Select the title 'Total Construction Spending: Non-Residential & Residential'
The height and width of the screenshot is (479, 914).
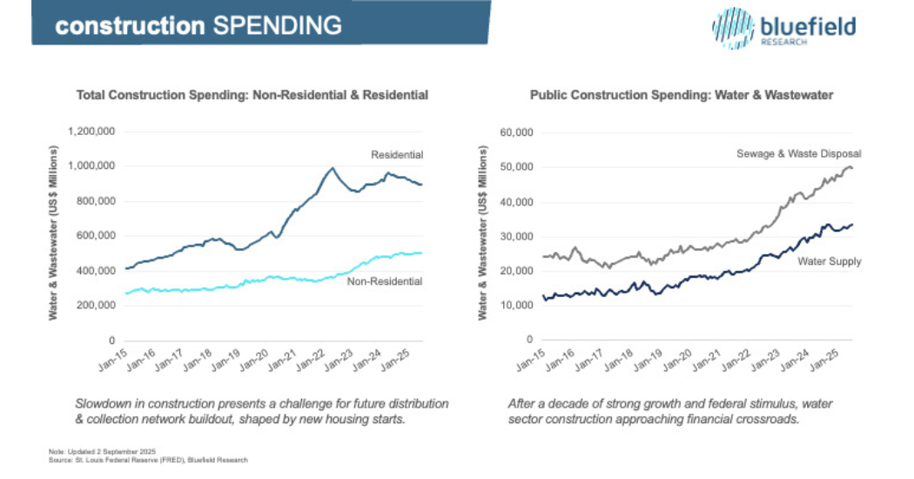252,95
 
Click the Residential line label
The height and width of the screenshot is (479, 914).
397,155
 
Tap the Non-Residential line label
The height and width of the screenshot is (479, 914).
384,281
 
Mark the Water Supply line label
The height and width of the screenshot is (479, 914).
830,261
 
